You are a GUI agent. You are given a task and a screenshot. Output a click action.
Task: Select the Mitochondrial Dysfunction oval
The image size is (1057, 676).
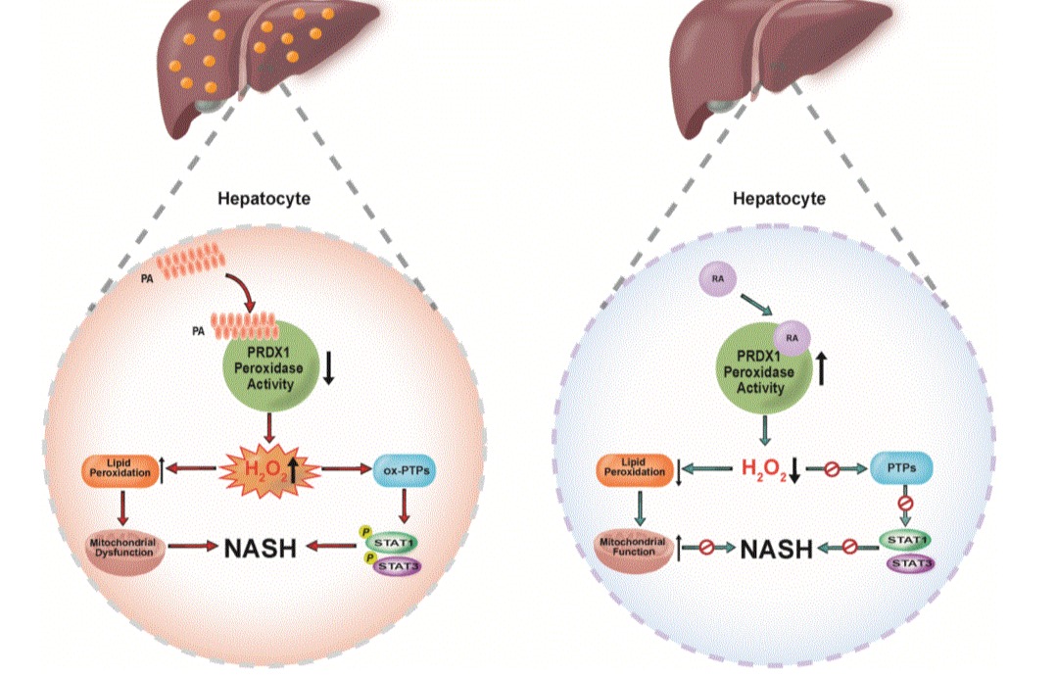point(122,546)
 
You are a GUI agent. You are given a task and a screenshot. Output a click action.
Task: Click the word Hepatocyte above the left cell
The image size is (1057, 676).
point(264,199)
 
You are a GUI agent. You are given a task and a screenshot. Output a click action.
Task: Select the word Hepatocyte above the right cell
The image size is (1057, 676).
point(779,199)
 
